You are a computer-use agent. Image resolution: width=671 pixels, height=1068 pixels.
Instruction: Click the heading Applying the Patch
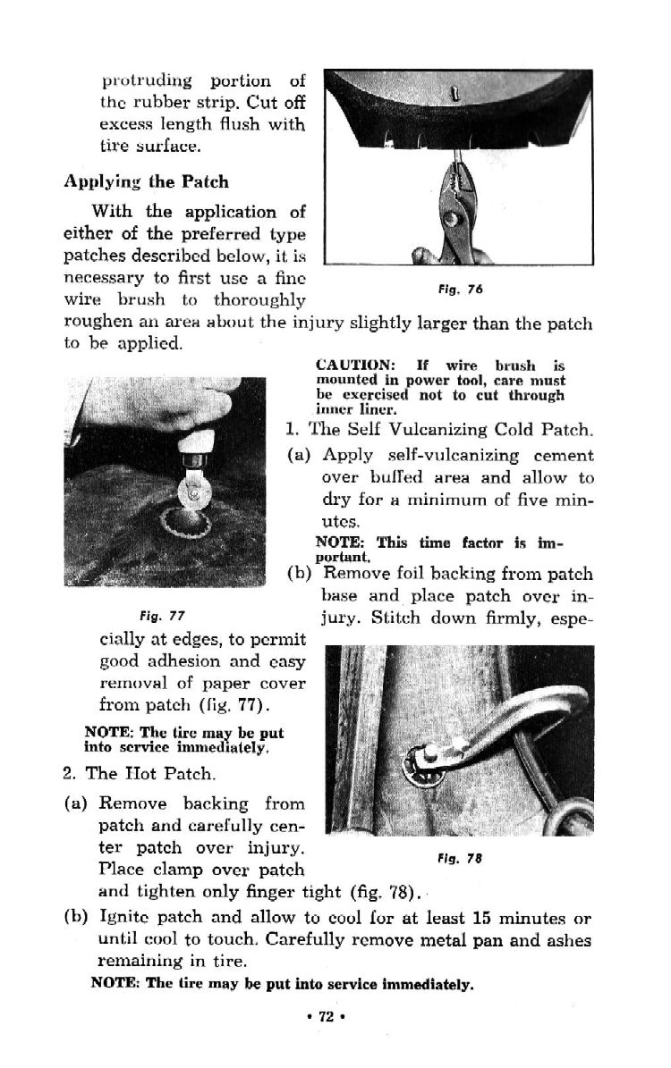coord(146,182)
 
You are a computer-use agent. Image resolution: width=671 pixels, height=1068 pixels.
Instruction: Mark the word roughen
coord(93,324)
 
